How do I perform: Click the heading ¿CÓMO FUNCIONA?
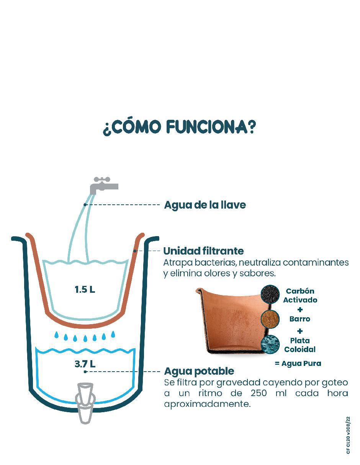click(179, 128)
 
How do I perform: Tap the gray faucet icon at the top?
click(104, 186)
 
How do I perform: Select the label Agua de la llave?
click(205, 205)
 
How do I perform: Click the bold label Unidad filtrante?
click(203, 251)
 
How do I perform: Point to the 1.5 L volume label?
click(85, 290)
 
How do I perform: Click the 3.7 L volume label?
click(85, 364)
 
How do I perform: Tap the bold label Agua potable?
click(199, 371)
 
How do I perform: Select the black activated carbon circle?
click(270, 294)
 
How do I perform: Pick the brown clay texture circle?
click(270, 319)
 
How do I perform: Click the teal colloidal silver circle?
click(270, 344)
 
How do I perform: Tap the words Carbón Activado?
click(300, 295)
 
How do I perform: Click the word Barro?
click(299, 319)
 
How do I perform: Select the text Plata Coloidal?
click(299, 345)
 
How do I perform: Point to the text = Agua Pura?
click(298, 363)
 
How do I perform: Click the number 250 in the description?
click(259, 393)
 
